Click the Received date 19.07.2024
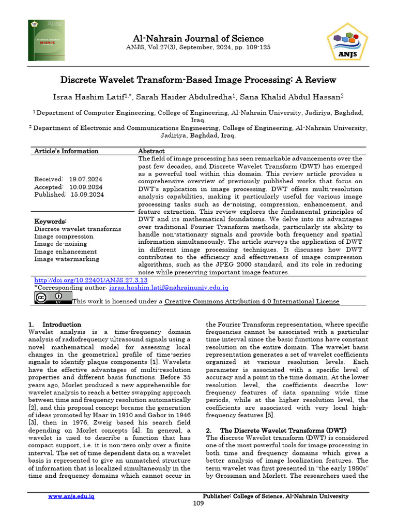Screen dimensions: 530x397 coord(85,179)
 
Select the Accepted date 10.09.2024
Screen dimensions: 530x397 coord(85,187)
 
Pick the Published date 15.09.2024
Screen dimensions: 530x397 coord(85,195)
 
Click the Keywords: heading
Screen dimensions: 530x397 coord(51,221)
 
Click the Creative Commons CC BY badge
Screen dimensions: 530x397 coord(53,298)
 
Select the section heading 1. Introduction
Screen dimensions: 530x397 coord(54,325)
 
